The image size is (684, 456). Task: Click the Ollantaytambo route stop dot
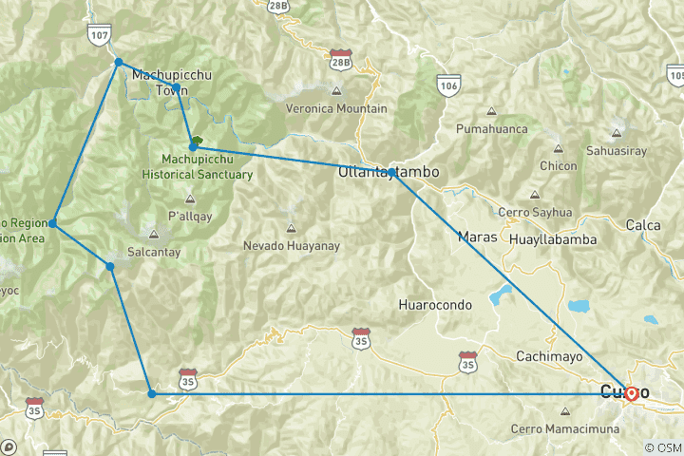pyautogui.click(x=391, y=172)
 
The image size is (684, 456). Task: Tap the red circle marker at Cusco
pyautogui.click(x=632, y=392)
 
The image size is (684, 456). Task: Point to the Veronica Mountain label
pyautogui.click(x=336, y=108)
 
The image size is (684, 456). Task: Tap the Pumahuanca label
pyautogui.click(x=491, y=128)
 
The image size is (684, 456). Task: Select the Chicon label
pyautogui.click(x=558, y=166)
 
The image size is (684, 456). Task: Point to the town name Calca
pyautogui.click(x=642, y=225)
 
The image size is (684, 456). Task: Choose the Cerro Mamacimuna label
pyautogui.click(x=565, y=429)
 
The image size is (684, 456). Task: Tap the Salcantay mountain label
pyautogui.click(x=154, y=252)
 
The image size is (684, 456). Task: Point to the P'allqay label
pyautogui.click(x=189, y=217)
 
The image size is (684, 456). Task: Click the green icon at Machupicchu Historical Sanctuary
pyautogui.click(x=196, y=142)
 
